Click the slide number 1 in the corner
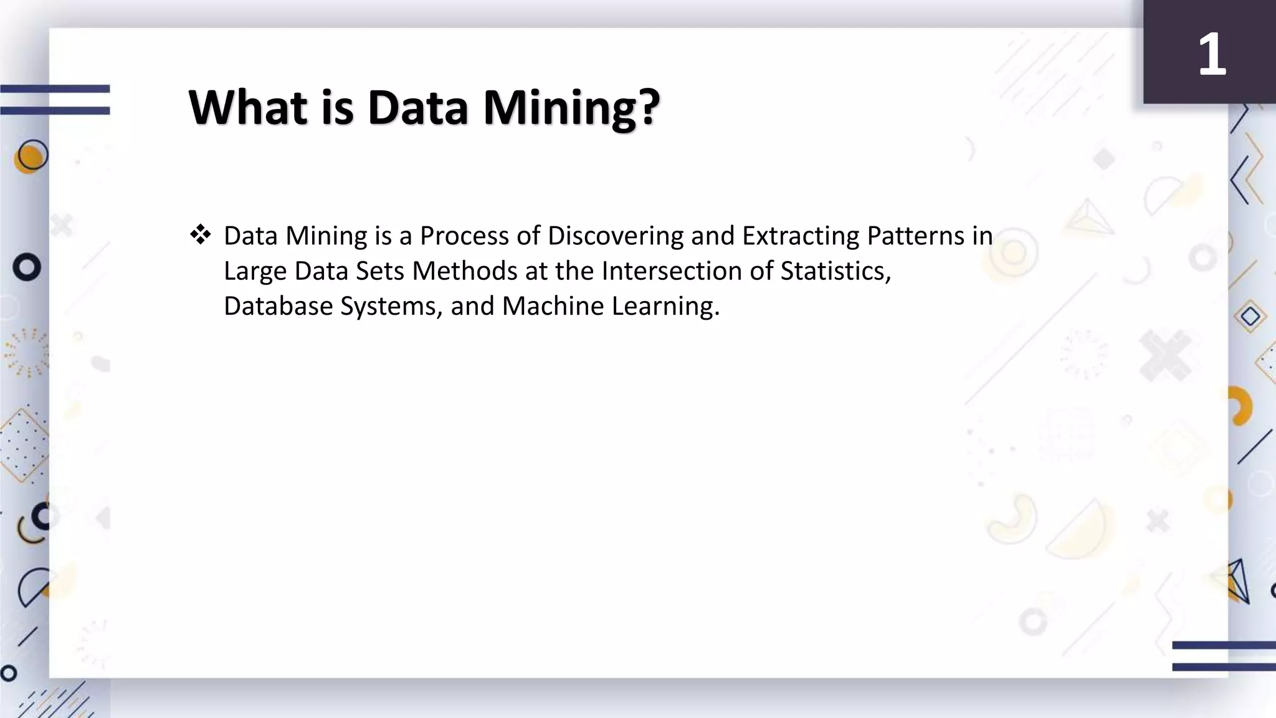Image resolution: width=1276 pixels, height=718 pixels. tap(1212, 55)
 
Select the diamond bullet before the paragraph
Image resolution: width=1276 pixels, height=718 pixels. tap(201, 236)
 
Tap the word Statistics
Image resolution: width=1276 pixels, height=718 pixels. tap(836, 271)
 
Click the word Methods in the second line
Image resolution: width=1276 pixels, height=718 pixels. tap(465, 271)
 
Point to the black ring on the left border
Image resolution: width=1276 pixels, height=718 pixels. tap(27, 267)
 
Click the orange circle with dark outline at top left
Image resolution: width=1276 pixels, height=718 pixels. tap(31, 156)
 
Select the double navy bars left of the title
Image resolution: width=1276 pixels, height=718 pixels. tap(55, 100)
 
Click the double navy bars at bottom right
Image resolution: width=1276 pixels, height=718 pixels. tap(1224, 656)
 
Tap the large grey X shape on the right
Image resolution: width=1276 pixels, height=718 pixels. tap(1165, 355)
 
